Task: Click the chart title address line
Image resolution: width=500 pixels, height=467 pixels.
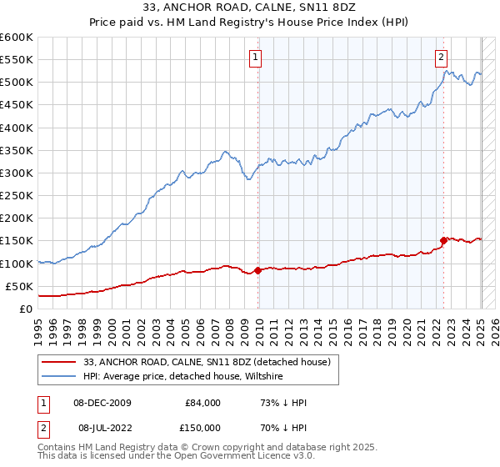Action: pos(249,8)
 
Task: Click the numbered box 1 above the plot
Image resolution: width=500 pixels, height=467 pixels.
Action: pos(254,58)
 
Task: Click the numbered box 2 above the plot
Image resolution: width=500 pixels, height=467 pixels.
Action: pos(440,58)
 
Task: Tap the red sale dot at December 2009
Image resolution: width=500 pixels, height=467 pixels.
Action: pos(258,270)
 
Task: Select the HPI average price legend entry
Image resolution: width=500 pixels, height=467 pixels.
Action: pos(183,377)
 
